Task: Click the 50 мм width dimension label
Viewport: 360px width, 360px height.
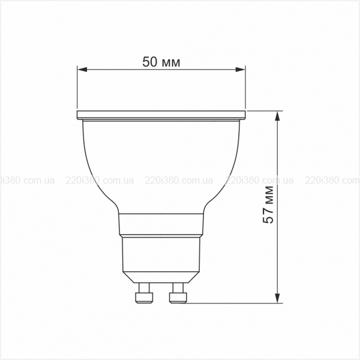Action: [161, 62]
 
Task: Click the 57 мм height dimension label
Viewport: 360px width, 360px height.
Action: [268, 205]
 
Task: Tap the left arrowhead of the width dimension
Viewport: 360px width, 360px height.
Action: [82, 70]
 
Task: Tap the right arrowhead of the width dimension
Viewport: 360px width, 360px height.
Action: [241, 70]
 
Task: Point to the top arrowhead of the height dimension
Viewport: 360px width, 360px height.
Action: [278, 116]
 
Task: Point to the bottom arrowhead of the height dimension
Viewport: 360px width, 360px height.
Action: [278, 298]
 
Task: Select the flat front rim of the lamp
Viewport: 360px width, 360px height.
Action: [161, 115]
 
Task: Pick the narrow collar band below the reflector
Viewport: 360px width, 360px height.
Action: [161, 224]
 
